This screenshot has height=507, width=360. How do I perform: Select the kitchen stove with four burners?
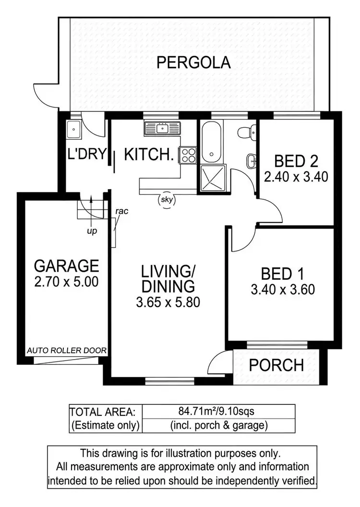coord(188,155)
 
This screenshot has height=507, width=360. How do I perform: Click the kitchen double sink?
coord(161,128)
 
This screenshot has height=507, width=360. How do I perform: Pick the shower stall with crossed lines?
coord(210,177)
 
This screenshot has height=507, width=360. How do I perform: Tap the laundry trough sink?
coord(73,129)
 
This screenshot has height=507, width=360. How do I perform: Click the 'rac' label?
coord(121,211)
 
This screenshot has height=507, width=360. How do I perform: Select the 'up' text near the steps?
coord(92,231)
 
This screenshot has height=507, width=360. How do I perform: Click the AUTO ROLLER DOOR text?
coord(67,350)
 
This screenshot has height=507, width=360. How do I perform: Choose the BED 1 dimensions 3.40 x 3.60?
coord(283,290)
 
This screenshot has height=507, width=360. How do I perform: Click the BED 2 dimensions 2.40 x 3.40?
coord(296,177)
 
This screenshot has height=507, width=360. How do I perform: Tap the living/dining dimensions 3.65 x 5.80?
coord(168,302)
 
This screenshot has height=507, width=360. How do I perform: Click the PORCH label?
coord(276,365)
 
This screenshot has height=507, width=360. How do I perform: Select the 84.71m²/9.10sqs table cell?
coord(218,411)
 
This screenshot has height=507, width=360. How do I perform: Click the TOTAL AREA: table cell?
coord(106,411)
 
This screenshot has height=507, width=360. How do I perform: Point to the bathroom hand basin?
coord(251,160)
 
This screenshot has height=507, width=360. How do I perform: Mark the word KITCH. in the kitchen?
coord(148,155)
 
